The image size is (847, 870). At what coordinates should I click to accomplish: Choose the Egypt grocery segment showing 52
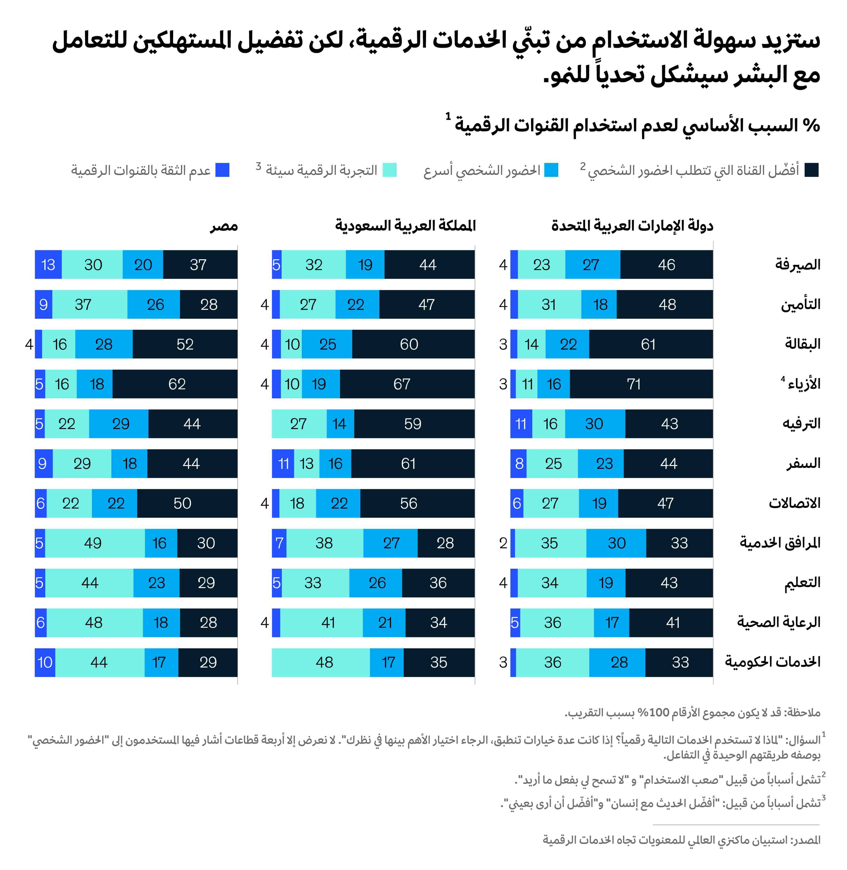click(185, 344)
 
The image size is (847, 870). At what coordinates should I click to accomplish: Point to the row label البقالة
click(802, 344)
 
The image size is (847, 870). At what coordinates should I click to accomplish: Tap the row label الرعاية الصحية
click(778, 622)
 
